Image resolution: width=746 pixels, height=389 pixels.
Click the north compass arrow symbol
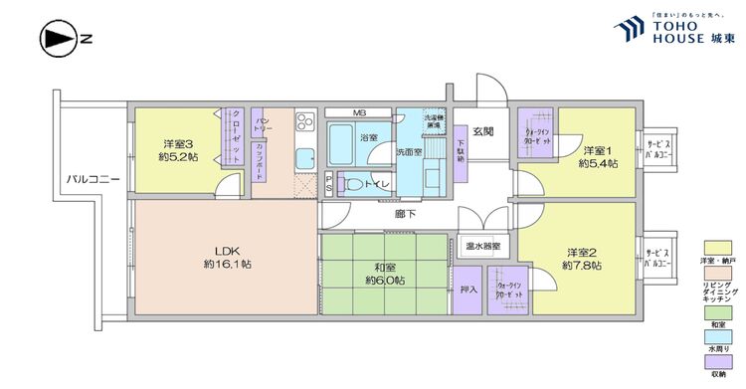57,40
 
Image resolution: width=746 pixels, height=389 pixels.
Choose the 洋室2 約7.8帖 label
581,258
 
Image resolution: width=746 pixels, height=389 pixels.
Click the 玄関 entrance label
483,131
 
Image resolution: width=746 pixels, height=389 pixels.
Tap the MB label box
358,112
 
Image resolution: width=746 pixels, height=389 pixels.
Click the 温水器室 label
483,245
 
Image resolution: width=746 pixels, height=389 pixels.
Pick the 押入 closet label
469,292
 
